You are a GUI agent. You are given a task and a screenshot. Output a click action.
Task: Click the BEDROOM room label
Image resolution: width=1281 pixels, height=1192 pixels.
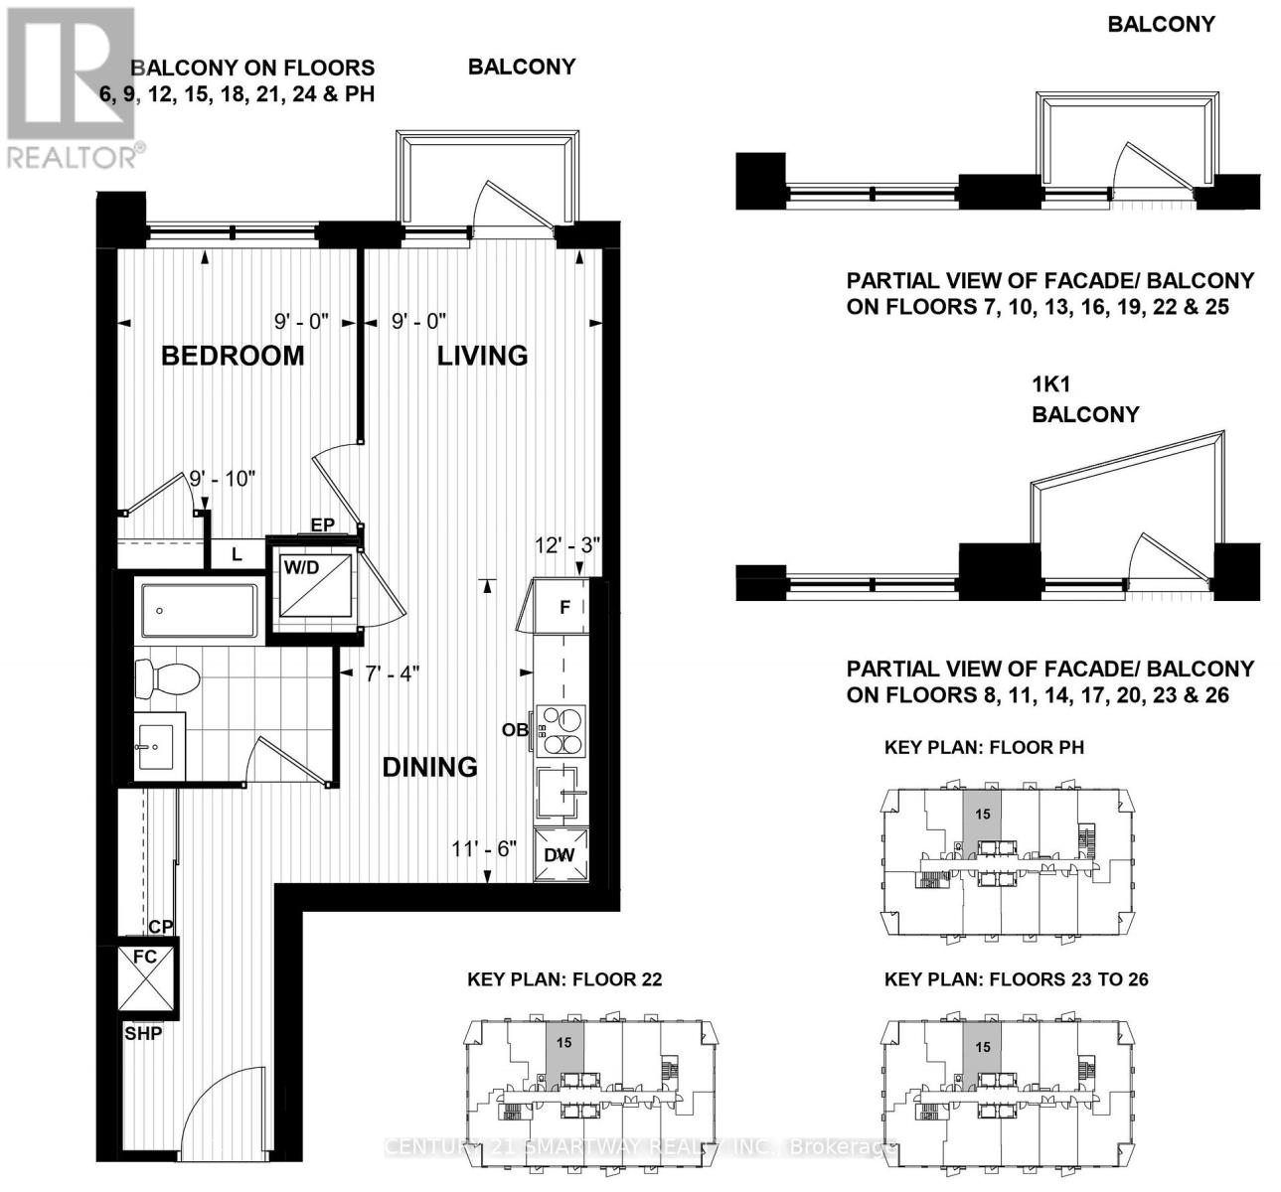click(233, 356)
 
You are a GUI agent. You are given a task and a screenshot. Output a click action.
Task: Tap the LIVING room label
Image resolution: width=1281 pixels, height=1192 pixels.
click(482, 356)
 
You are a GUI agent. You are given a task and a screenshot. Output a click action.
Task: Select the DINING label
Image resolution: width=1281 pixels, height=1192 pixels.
click(429, 767)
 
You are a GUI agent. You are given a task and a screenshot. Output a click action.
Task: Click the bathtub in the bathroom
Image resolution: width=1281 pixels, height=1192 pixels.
click(199, 610)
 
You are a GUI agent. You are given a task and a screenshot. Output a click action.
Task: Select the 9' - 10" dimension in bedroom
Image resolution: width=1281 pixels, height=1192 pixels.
click(223, 478)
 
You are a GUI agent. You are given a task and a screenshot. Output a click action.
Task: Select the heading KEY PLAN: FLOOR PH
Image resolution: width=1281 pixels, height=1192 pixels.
click(984, 747)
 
